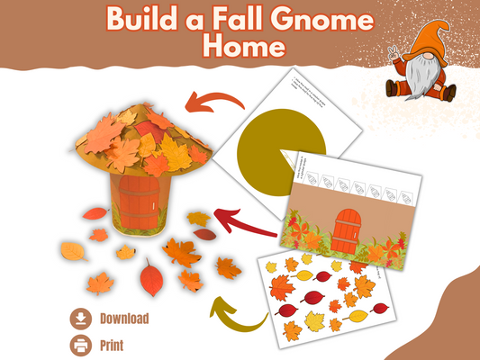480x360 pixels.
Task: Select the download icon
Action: click(80, 318)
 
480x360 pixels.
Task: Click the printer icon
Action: click(80, 343)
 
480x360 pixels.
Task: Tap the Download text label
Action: click(124, 318)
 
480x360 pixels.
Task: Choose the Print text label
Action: click(112, 344)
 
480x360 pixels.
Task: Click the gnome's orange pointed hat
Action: click(430, 40)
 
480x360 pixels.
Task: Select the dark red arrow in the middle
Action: click(244, 219)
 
